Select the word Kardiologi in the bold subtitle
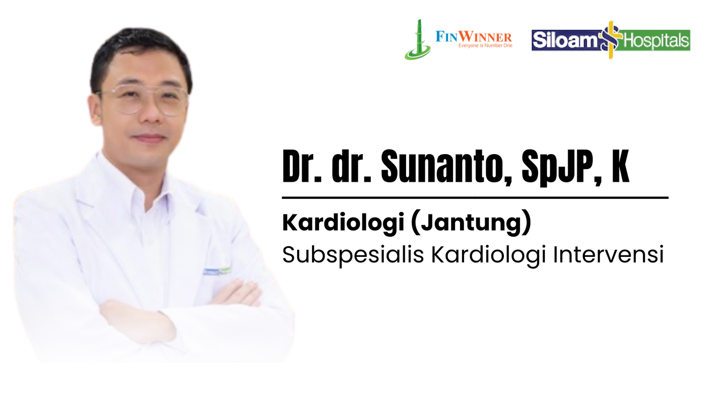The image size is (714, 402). (343, 223)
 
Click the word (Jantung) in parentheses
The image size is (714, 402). (471, 223)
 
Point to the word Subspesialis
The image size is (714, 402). (353, 255)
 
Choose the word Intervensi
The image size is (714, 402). (608, 254)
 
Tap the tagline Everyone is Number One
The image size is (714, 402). (485, 46)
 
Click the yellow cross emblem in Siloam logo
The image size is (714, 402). (610, 40)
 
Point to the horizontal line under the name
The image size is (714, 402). (475, 198)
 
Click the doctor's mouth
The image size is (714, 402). (149, 138)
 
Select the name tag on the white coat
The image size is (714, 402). (217, 271)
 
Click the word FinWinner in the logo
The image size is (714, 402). (473, 37)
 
